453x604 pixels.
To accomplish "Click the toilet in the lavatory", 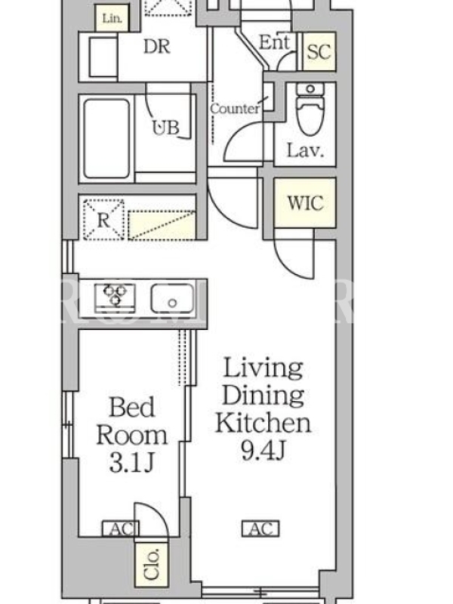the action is coord(310,109).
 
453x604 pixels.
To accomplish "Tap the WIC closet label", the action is coord(305,202).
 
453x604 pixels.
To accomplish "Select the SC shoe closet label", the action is coord(319,51).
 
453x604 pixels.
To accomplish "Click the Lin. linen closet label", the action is coord(112,17).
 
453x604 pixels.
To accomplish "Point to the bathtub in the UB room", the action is coord(106,139).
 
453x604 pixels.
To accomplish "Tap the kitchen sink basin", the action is coord(172,298).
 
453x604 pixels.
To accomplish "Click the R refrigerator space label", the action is coord(103,220).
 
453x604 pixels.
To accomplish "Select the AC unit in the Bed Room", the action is coord(121,529).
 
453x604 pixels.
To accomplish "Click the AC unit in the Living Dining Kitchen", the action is coord(260,529).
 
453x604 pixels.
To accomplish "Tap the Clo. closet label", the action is coord(153,564).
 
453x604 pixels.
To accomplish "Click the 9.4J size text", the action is coord(263,450).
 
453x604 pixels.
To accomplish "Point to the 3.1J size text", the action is coord(131,463).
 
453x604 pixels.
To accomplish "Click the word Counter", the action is coord(235,109).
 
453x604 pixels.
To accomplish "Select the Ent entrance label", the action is coord(274,42).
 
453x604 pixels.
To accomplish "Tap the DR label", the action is coord(157,47).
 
